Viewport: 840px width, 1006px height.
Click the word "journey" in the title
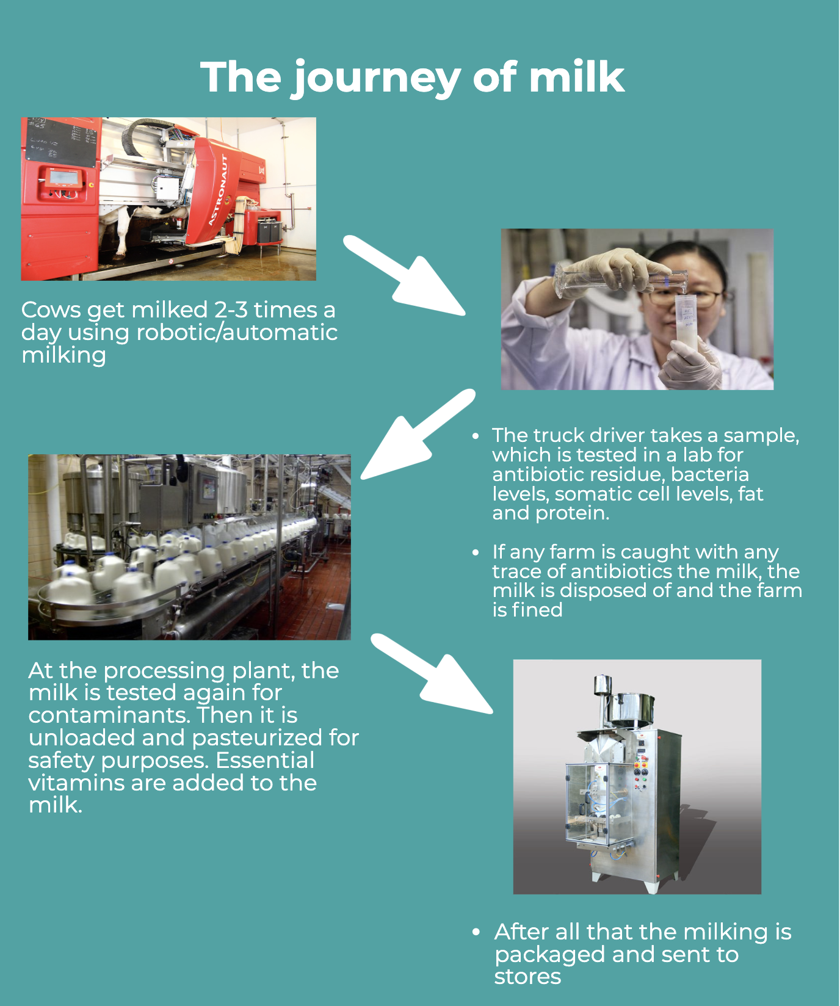375,79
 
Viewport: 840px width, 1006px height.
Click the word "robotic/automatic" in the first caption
237,333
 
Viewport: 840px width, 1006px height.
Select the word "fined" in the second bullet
537,609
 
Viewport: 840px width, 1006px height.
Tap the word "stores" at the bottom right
527,977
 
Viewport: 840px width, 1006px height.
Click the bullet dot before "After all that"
476,932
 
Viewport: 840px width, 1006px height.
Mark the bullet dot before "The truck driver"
476,436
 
